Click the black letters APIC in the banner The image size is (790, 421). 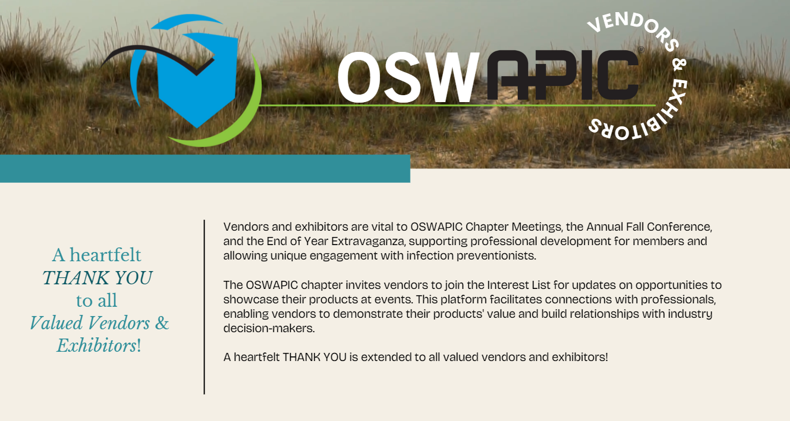tap(563, 75)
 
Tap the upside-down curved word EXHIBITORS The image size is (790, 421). tap(645, 116)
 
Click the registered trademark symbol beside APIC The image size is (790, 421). tap(642, 50)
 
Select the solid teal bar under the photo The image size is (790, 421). tap(205, 168)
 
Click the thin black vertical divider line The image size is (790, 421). tap(204, 307)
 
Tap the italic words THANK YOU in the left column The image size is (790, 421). tap(97, 278)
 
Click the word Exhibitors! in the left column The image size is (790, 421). tap(99, 345)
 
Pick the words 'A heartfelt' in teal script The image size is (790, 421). tap(97, 255)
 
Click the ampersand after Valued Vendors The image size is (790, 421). tap(162, 323)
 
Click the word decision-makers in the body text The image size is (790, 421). tap(269, 328)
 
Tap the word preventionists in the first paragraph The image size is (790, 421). tap(496, 255)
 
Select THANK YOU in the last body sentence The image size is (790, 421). tap(315, 357)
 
